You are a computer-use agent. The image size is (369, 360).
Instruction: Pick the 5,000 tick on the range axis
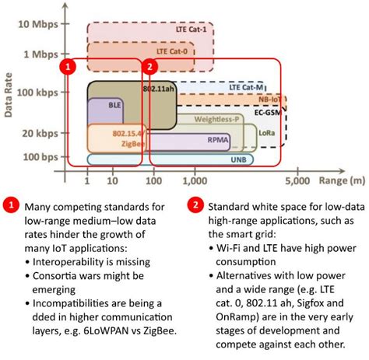(x=297, y=181)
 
